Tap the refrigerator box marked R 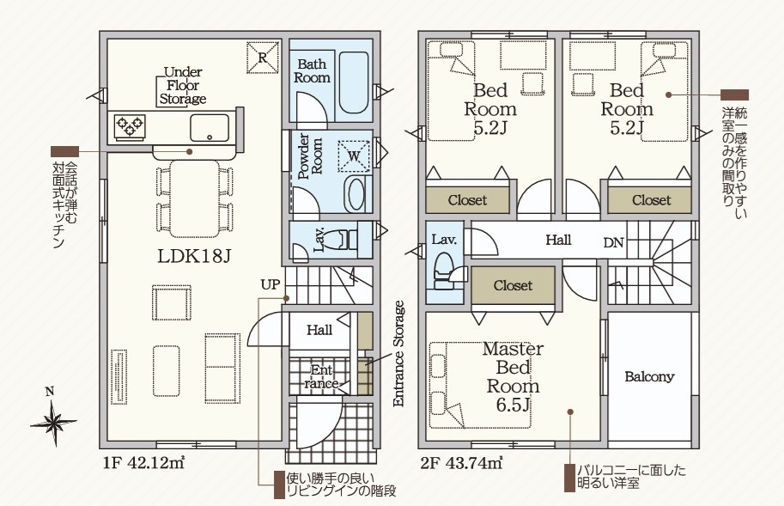(x=263, y=58)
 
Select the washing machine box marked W (x=354, y=155)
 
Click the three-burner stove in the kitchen (x=130, y=125)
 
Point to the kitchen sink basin (x=210, y=127)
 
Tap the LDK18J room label (x=195, y=257)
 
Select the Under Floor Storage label (x=183, y=86)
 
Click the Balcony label (x=649, y=376)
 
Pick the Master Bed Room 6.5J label (x=513, y=376)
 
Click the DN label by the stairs (x=613, y=243)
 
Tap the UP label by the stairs (x=270, y=284)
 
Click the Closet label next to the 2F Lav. (x=513, y=285)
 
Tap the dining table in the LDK (x=195, y=198)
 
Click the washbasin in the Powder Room (x=356, y=194)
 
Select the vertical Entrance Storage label (x=398, y=353)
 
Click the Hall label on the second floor (x=558, y=240)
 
